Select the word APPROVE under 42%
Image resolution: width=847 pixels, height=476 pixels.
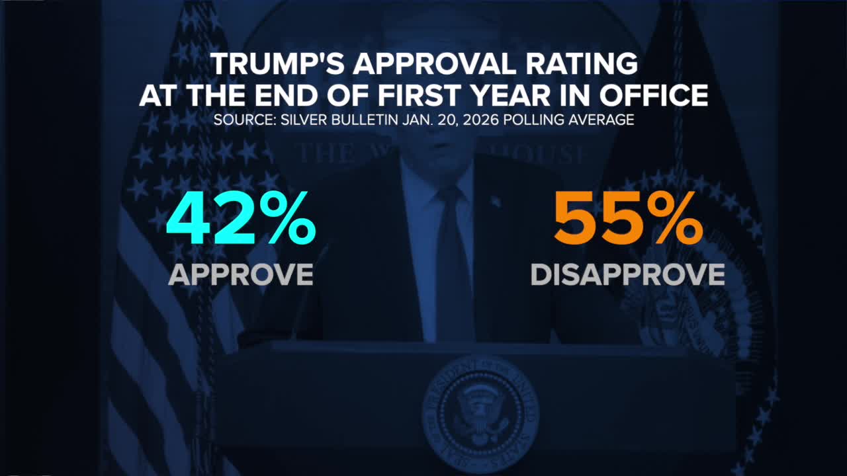pos(240,274)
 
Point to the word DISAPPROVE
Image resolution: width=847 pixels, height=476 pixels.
pos(627,274)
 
